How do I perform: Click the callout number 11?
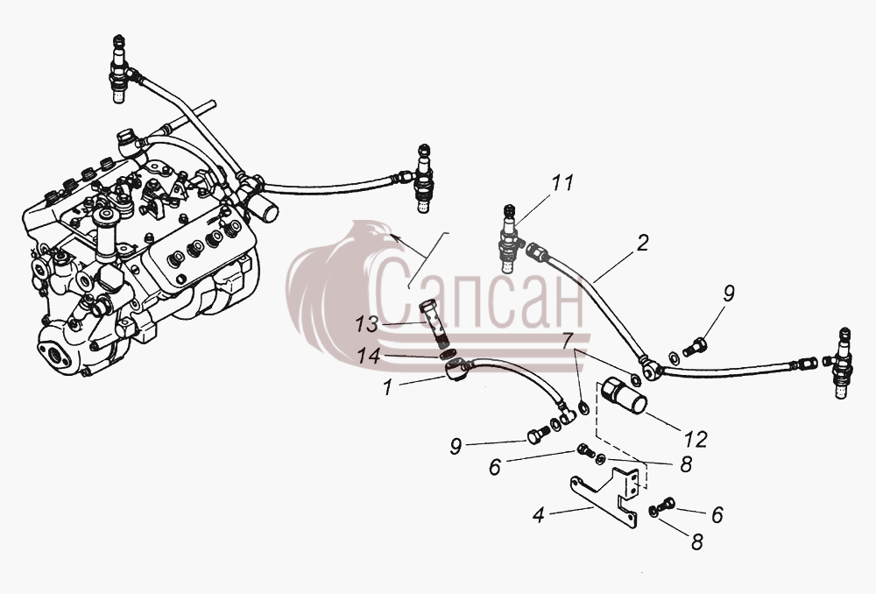pyautogui.click(x=562, y=183)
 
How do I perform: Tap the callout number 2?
pyautogui.click(x=642, y=243)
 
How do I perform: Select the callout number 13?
pyautogui.click(x=366, y=325)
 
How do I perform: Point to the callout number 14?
pyautogui.click(x=370, y=357)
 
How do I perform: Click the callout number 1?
pyautogui.click(x=388, y=387)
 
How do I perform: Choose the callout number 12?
pyautogui.click(x=696, y=439)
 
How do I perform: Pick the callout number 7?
pyautogui.click(x=568, y=340)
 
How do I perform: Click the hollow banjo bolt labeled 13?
pyautogui.click(x=434, y=324)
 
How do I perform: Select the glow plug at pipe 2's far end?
pyautogui.click(x=840, y=363)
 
